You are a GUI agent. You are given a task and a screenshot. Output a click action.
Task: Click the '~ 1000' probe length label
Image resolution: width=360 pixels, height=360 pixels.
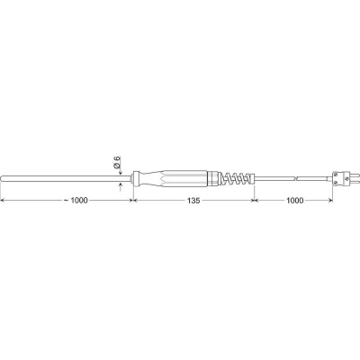tap(76, 201)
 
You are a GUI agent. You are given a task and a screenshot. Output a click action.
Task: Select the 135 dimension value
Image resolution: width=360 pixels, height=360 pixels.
tap(193, 201)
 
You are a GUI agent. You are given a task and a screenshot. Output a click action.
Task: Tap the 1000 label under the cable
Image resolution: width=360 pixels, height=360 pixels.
tap(294, 201)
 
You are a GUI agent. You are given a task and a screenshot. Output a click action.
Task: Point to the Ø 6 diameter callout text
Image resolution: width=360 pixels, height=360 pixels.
tap(117, 162)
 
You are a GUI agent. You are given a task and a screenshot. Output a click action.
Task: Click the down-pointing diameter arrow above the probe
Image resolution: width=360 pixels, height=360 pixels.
tap(120, 172)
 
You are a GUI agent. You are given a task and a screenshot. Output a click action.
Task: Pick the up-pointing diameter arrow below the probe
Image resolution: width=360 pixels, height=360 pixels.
tap(120, 186)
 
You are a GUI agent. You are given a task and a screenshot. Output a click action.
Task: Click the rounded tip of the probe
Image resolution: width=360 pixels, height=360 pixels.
tap(2, 179)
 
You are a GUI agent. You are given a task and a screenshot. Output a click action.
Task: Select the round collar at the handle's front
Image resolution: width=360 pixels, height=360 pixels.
tap(136, 179)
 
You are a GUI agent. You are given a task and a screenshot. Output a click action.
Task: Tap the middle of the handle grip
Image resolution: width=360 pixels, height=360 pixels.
tap(173, 179)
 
